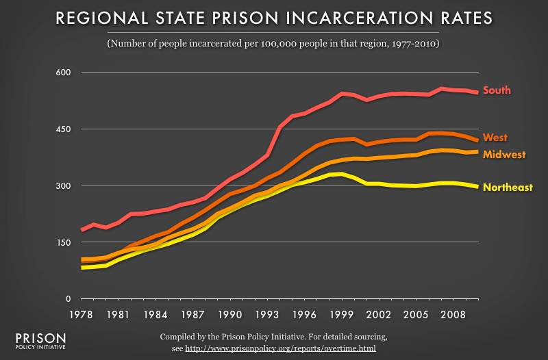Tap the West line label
tap(495, 138)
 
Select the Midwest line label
tap(503, 155)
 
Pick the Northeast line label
tap(508, 187)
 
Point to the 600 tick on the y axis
tap(53, 73)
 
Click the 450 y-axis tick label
tap(53, 129)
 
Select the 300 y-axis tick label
tap(53, 186)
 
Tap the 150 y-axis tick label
tap(53, 243)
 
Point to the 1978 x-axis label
tap(82, 316)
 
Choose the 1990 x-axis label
tap(230, 316)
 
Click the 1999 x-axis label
tap(341, 316)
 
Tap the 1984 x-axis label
tap(156, 316)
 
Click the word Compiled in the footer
tap(179, 337)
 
